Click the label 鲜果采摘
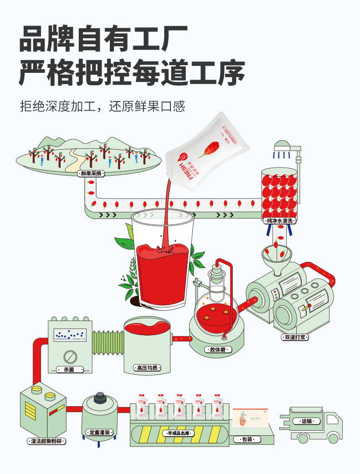pyautogui.click(x=91, y=173)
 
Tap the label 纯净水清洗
pyautogui.click(x=280, y=221)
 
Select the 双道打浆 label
pyautogui.click(x=296, y=337)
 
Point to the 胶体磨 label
pyautogui.click(x=218, y=350)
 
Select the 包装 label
pyautogui.click(x=247, y=440)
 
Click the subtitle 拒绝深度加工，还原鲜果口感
pyautogui.click(x=103, y=106)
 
